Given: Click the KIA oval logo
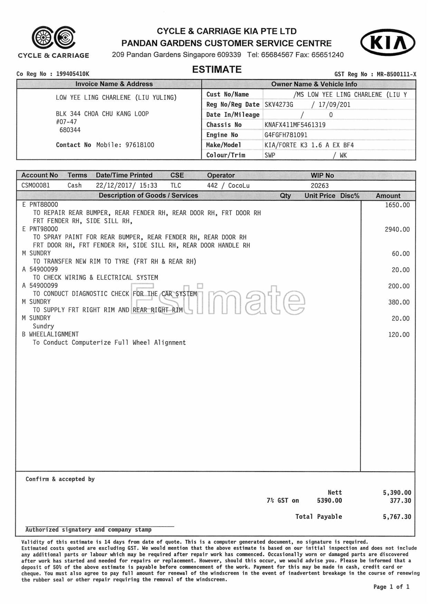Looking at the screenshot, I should pyautogui.click(x=388, y=42).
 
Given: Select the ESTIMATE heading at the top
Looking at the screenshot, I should pyautogui.click(x=217, y=70).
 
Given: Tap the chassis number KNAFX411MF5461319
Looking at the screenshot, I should pyautogui.click(x=295, y=125).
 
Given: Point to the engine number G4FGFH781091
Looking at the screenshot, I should pyautogui.click(x=286, y=135).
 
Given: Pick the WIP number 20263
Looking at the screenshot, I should pyautogui.click(x=320, y=186).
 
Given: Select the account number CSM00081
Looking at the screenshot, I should pyautogui.click(x=36, y=186).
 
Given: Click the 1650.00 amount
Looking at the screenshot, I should pyautogui.click(x=397, y=205).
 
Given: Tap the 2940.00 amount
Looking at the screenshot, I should pyautogui.click(x=397, y=229).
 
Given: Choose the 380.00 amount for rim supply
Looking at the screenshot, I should pyautogui.click(x=399, y=302).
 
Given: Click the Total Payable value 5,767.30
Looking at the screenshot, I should pyautogui.click(x=397, y=517).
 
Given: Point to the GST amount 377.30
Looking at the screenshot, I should pyautogui.click(x=400, y=501).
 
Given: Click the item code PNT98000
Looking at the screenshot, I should pyautogui.click(x=43, y=229).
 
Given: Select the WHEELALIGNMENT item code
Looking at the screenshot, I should pyautogui.click(x=54, y=334).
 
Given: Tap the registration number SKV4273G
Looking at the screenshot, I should pyautogui.click(x=279, y=105).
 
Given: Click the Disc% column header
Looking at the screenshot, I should pyautogui.click(x=350, y=196).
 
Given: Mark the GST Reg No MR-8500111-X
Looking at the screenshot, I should pyautogui.click(x=396, y=74).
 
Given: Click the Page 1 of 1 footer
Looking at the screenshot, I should pyautogui.click(x=391, y=587).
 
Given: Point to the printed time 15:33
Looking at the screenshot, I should pyautogui.click(x=148, y=186).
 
